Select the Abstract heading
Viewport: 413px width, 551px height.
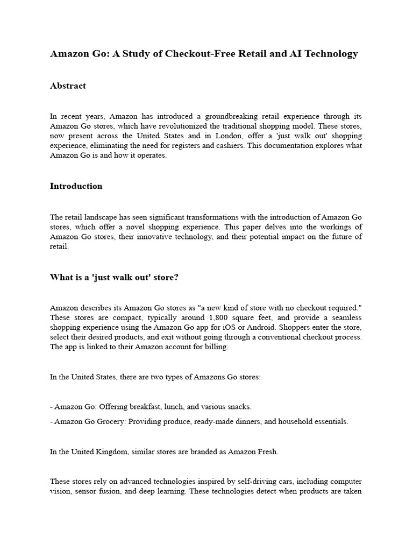[68, 86]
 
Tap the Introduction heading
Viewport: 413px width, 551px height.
[76, 186]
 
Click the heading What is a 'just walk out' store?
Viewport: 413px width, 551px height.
[114, 277]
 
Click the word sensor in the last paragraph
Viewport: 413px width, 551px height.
[86, 491]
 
